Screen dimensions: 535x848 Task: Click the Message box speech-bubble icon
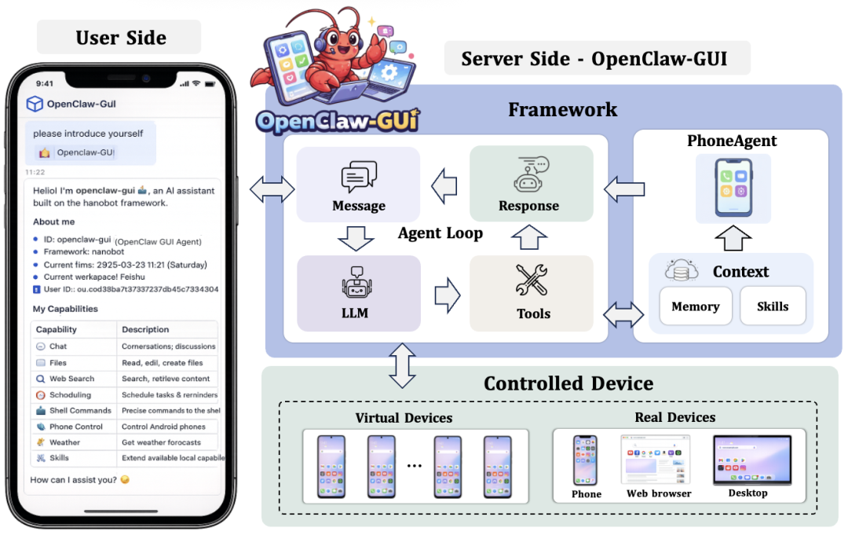(x=359, y=177)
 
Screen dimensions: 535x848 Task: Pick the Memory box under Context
(x=696, y=306)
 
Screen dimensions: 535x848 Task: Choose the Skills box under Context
(x=773, y=306)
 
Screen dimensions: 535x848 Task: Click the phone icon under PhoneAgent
(x=733, y=188)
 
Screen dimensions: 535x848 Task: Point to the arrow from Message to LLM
(x=359, y=237)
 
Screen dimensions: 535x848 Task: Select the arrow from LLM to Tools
(x=446, y=294)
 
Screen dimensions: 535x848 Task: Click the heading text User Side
(x=121, y=38)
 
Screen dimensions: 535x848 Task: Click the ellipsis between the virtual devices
(x=415, y=466)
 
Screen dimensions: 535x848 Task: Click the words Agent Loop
(x=440, y=233)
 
